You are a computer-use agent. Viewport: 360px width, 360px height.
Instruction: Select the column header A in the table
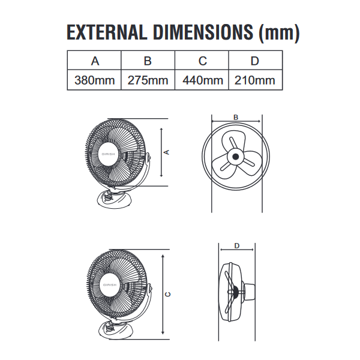point(94,61)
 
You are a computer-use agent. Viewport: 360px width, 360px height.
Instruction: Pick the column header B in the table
point(148,61)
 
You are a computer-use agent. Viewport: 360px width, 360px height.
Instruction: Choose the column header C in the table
point(202,61)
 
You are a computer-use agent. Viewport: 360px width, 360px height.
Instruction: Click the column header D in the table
point(254,61)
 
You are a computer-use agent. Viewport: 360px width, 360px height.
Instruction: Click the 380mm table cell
point(94,80)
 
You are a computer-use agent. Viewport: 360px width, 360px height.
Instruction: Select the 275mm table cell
point(148,80)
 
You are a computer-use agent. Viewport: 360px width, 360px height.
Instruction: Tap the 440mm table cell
point(202,80)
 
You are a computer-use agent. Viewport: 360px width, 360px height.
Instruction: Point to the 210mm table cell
point(255,80)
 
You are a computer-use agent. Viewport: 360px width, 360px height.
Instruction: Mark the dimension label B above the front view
point(236,117)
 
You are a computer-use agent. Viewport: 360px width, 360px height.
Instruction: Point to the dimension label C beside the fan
point(169,294)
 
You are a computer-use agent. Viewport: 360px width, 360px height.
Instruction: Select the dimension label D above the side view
point(236,246)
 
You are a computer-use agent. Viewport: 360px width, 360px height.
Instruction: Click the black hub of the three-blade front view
point(236,158)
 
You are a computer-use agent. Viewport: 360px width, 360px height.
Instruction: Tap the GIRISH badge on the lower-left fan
point(109,284)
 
